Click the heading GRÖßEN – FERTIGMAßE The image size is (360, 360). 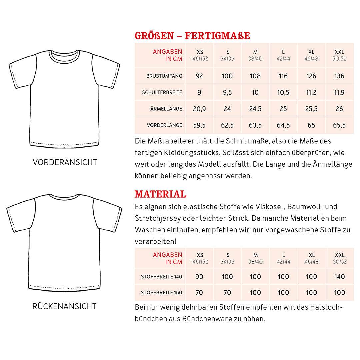(x=192, y=36)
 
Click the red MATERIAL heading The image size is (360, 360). (x=160, y=194)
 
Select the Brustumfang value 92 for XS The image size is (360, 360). (x=199, y=76)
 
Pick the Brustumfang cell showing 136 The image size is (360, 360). (x=339, y=76)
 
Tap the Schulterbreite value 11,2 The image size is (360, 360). (x=311, y=92)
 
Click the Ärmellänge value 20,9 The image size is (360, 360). (x=199, y=109)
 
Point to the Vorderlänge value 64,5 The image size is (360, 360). (x=283, y=125)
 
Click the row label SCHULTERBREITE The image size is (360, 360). (x=162, y=92)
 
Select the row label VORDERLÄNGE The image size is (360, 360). (x=164, y=125)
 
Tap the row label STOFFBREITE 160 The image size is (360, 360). (x=161, y=293)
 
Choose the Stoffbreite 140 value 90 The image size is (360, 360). (x=199, y=277)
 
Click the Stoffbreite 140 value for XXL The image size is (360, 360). (x=339, y=277)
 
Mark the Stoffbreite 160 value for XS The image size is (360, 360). (x=199, y=293)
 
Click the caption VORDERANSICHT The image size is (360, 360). (x=65, y=162)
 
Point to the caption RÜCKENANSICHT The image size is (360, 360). (x=64, y=306)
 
